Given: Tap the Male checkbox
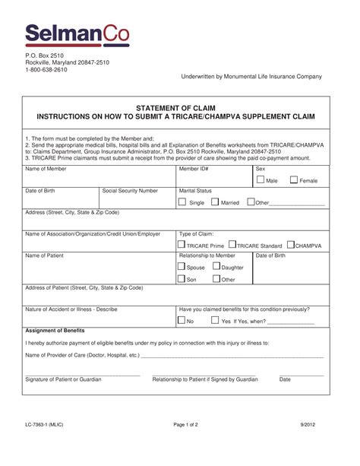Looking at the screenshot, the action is click(x=260, y=180).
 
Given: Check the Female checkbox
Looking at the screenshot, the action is click(x=293, y=180).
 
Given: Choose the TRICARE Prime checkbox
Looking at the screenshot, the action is click(x=181, y=246).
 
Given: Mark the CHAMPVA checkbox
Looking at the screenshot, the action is click(x=291, y=246).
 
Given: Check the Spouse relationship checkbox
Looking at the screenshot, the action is click(x=182, y=267).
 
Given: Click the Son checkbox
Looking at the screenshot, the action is click(x=182, y=279).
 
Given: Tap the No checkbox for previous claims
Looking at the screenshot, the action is click(x=182, y=321).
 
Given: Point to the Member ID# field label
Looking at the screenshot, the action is click(x=194, y=169).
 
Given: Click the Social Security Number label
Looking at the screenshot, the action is click(x=130, y=191).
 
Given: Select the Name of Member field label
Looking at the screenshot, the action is click(x=46, y=169).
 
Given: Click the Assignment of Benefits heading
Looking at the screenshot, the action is click(x=55, y=331).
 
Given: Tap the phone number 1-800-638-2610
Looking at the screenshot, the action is click(x=46, y=69).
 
